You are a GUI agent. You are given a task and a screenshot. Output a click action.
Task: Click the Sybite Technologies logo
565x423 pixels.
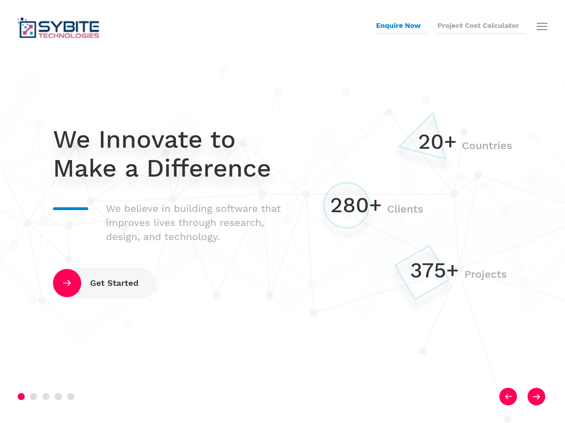click(x=58, y=28)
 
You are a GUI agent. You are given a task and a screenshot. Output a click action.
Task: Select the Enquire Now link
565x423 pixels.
click(x=398, y=26)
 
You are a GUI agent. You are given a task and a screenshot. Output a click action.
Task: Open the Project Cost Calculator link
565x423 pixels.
click(x=478, y=26)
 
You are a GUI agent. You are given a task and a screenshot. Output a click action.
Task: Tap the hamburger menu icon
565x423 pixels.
click(x=542, y=26)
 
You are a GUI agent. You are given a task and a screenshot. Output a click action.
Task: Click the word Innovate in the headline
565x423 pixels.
click(x=150, y=140)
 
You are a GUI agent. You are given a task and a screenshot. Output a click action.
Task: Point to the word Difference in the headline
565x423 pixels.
click(x=209, y=168)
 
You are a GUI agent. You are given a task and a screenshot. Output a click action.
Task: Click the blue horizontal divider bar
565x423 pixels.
click(x=71, y=209)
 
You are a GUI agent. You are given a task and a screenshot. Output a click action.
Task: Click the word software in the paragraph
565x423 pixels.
click(x=237, y=209)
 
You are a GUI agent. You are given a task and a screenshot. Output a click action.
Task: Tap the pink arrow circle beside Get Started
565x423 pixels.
click(x=67, y=283)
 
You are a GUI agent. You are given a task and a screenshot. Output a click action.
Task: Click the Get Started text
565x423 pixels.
click(x=114, y=283)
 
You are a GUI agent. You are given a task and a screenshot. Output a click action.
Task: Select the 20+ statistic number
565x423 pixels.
click(x=437, y=142)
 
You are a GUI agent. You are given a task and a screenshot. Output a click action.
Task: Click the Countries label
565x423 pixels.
click(x=487, y=146)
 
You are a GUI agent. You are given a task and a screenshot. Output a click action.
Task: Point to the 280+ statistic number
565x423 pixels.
click(x=356, y=206)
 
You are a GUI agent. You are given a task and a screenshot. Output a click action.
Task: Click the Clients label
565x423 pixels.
click(x=405, y=209)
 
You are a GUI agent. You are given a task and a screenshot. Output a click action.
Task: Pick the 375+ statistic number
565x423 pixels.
click(x=434, y=270)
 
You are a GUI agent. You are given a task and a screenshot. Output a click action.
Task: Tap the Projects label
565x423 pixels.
click(x=486, y=274)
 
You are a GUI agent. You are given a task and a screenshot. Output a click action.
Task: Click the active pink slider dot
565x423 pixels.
click(x=21, y=397)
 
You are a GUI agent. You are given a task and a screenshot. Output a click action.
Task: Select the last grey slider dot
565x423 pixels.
click(x=71, y=397)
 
